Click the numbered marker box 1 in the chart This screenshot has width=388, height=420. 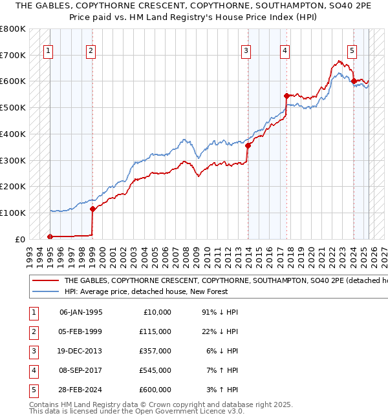48,51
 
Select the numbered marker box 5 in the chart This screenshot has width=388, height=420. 352,51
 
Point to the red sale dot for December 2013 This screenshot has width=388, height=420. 248,145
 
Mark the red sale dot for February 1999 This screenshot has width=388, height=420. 92,209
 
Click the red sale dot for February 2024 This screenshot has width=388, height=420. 354,81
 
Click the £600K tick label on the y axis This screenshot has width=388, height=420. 13,81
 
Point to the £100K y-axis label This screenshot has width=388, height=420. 13,213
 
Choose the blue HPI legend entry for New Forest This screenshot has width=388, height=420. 155,291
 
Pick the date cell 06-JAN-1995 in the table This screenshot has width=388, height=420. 81,311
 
